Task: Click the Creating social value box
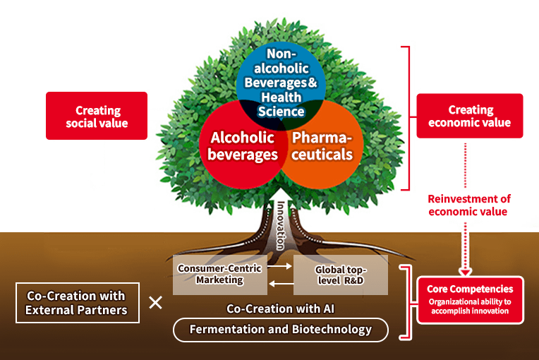click(97, 116)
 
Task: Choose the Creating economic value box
click(470, 116)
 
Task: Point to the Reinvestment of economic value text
click(469, 205)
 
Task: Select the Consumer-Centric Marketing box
click(219, 275)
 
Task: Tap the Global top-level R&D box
click(341, 275)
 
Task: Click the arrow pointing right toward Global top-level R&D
click(279, 268)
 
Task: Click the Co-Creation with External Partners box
click(75, 303)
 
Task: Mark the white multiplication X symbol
click(156, 303)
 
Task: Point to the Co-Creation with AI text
click(280, 309)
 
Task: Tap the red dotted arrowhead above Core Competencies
click(465, 270)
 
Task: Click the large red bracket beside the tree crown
click(407, 118)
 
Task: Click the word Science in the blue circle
click(281, 111)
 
